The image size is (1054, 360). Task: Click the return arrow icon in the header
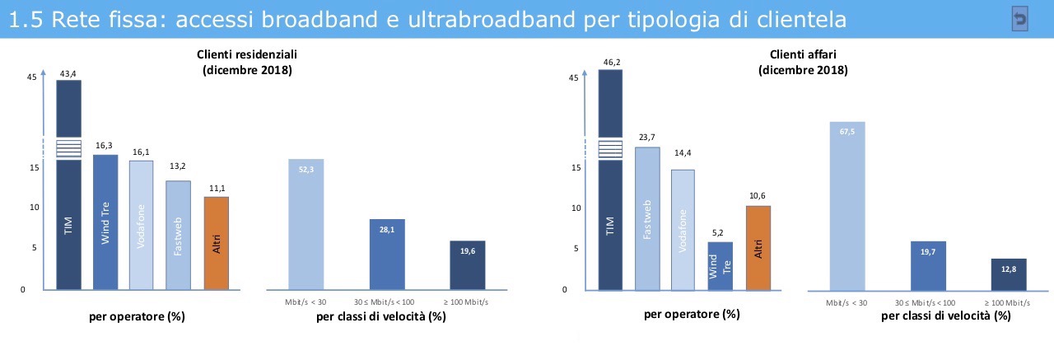coord(1019,21)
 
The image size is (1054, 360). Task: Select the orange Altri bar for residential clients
coord(216,243)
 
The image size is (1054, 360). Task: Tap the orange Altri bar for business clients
coord(758,247)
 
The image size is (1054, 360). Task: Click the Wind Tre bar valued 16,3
coord(105,222)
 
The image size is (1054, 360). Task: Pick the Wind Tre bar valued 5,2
coord(721,265)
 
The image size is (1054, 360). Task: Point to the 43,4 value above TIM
coord(68,74)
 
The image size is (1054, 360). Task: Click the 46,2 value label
coord(610,62)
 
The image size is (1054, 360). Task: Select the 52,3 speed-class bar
coord(305,224)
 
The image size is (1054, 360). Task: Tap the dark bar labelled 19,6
coord(468,265)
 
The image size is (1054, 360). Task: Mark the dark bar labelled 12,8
coord(1008,274)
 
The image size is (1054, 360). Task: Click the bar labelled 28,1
coord(387,255)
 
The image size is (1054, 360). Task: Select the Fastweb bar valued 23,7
coord(647,218)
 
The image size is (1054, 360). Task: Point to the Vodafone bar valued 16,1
coord(142,225)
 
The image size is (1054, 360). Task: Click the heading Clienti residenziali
coord(247,54)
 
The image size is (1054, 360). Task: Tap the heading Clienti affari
coord(803,54)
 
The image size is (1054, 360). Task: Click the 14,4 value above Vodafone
coord(683,154)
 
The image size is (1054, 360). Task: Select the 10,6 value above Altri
coord(758,195)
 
